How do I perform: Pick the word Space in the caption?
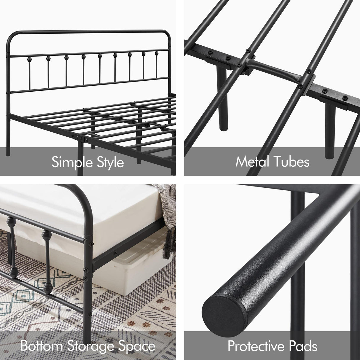coord(138,346)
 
